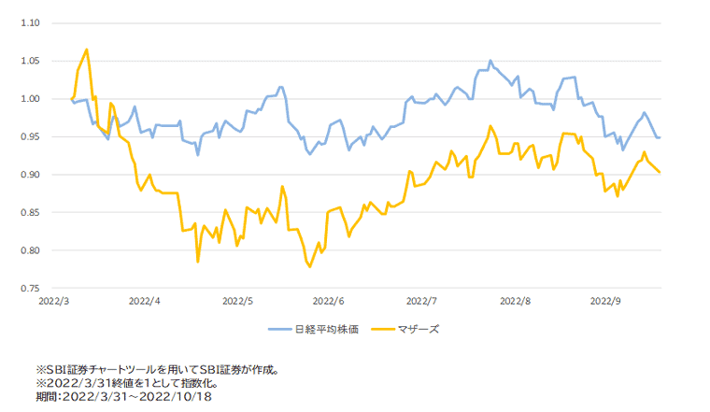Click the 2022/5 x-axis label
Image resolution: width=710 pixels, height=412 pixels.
237,302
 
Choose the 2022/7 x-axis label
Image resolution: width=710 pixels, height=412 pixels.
422,302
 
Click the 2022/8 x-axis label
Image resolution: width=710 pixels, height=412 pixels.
515,302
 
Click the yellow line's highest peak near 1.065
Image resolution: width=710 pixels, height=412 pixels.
87,50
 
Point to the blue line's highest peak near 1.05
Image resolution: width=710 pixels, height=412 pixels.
490,61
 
